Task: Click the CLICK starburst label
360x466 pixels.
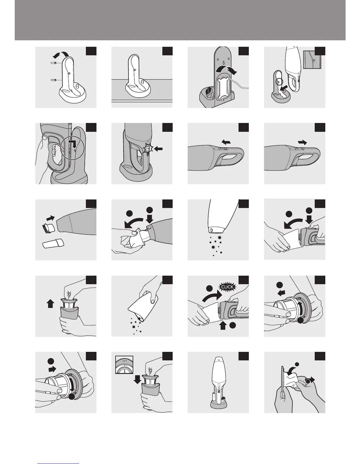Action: click(x=227, y=287)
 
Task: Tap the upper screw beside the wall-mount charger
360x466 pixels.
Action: click(x=54, y=63)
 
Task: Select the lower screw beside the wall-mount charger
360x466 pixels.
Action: click(x=54, y=80)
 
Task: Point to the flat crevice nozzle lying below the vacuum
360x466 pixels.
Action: click(x=53, y=243)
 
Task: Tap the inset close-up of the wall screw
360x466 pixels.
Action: click(x=312, y=60)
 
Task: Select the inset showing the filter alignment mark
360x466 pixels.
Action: click(x=124, y=365)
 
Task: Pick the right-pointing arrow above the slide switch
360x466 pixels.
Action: click(x=302, y=142)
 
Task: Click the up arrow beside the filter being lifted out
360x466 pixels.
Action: click(x=50, y=304)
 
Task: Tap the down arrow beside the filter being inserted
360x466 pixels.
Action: click(x=137, y=380)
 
